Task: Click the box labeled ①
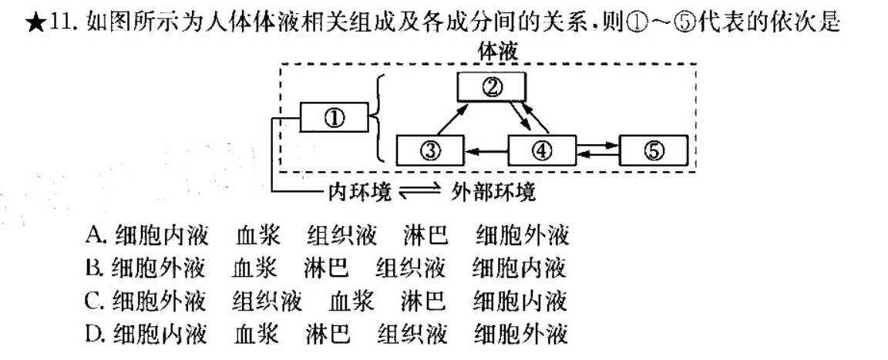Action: click(x=335, y=119)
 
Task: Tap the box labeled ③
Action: click(x=429, y=149)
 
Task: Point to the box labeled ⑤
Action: click(x=654, y=149)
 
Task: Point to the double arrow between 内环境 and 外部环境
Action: click(x=417, y=192)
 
